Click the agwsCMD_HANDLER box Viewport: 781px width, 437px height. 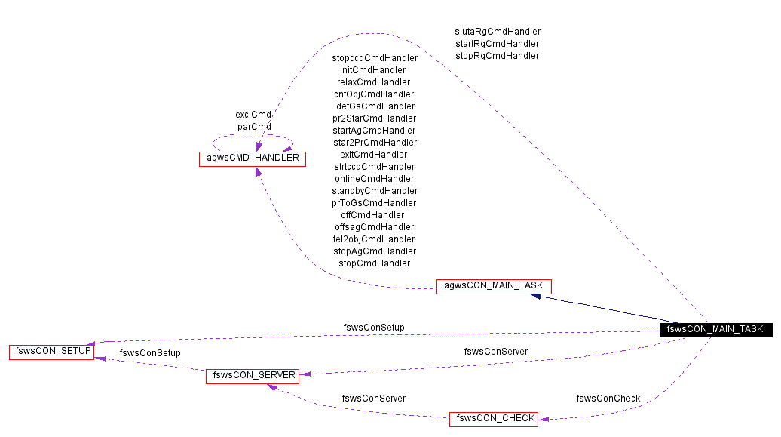point(252,159)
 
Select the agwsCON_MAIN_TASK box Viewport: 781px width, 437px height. point(494,286)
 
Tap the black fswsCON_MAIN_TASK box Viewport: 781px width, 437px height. point(715,329)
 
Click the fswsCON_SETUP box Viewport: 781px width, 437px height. point(51,352)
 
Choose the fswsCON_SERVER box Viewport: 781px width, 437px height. point(252,375)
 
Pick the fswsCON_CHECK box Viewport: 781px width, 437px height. point(493,418)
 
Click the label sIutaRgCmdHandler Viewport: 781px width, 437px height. point(498,32)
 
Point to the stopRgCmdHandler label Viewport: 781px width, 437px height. point(498,56)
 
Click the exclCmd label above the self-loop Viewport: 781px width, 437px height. point(253,115)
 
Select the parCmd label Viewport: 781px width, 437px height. point(254,127)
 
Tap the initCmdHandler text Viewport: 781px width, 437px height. point(372,70)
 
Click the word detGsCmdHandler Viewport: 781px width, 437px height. point(375,106)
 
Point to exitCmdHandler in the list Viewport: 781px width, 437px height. point(374,155)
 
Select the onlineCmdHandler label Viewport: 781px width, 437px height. point(375,179)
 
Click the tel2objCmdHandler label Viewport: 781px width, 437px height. point(374,239)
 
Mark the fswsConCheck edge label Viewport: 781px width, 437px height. point(608,399)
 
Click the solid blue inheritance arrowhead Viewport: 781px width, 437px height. point(536,296)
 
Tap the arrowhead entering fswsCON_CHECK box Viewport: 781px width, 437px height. point(543,419)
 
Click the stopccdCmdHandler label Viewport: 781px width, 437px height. point(375,58)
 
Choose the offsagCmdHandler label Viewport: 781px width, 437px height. point(375,227)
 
